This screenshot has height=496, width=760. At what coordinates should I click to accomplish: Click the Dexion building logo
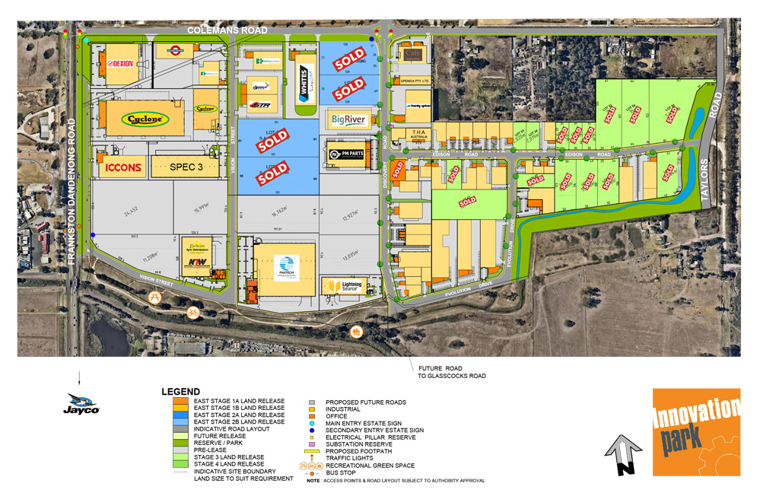click(x=122, y=64)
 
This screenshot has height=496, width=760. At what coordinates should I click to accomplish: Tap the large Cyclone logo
click(x=144, y=119)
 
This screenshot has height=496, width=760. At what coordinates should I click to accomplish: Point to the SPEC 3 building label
click(x=185, y=166)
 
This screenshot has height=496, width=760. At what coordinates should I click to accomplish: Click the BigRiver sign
click(x=349, y=119)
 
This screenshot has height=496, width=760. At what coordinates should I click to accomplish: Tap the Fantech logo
click(x=287, y=269)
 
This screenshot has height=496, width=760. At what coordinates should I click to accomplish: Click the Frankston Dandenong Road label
click(x=73, y=190)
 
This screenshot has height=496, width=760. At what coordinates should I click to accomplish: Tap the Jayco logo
click(x=81, y=404)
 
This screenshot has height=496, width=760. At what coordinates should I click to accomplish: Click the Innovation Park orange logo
click(x=696, y=431)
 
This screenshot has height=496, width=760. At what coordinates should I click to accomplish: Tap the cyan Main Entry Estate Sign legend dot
click(x=312, y=423)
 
